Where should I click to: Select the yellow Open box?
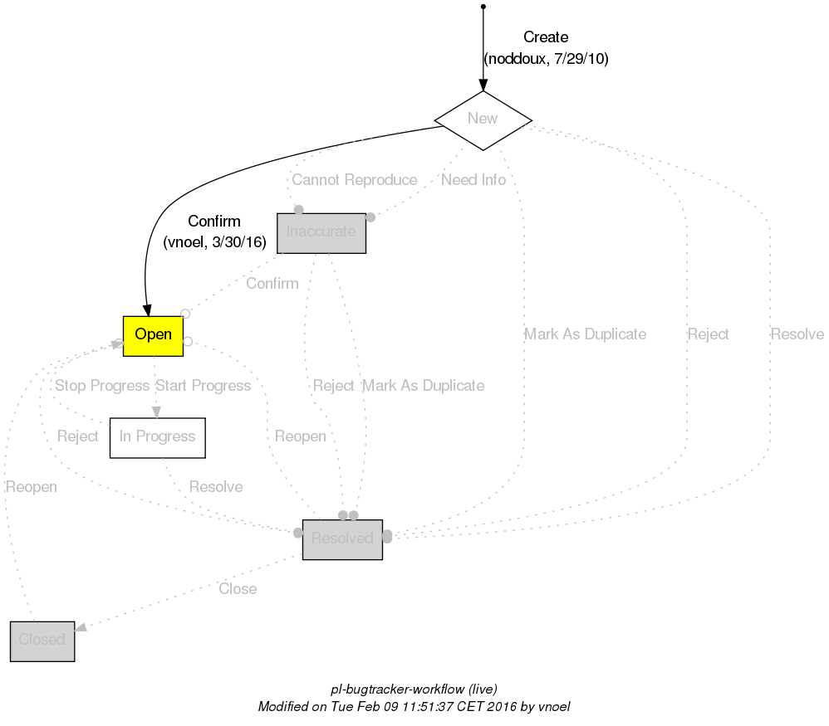tap(153, 335)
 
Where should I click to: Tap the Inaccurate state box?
tap(321, 232)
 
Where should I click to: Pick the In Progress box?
tap(157, 437)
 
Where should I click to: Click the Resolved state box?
tap(341, 539)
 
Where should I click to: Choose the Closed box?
tap(42, 641)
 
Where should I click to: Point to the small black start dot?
tap(483, 7)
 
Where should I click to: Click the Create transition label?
tap(546, 37)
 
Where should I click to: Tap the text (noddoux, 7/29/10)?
tap(546, 60)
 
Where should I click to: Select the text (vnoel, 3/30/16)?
tap(214, 242)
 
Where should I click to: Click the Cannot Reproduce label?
tap(355, 180)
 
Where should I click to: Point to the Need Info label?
tap(473, 180)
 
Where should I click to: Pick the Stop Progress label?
tap(102, 386)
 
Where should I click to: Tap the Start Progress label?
tap(203, 386)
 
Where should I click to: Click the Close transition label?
tap(238, 589)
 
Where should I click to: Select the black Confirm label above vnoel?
tap(214, 222)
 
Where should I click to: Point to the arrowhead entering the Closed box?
tap(81, 628)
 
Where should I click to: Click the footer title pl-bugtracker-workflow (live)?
tap(414, 689)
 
